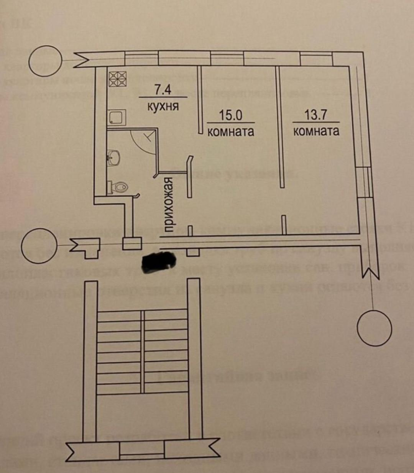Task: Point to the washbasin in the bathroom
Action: pos(114,157)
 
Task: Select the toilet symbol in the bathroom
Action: pos(119,187)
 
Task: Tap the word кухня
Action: pos(163,106)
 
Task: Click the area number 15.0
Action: pos(230,115)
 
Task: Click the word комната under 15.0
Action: pos(230,131)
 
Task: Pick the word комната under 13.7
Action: pos(316,131)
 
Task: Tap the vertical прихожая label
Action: pos(169,205)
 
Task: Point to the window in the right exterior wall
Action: pos(365,182)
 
